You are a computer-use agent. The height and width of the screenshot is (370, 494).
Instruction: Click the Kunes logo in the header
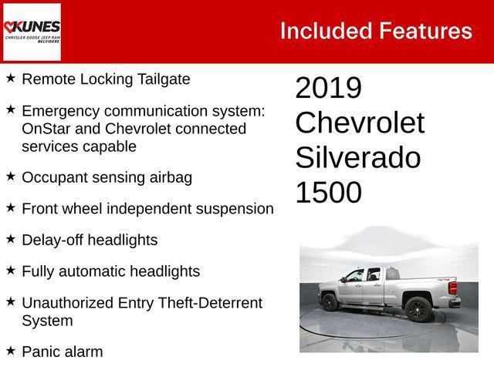[x=32, y=32]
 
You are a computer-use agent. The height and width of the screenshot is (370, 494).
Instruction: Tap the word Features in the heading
[x=425, y=31]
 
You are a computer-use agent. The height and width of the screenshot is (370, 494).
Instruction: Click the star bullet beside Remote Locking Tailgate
[x=10, y=79]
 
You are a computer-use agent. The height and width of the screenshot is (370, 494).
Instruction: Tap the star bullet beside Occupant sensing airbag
[x=10, y=177]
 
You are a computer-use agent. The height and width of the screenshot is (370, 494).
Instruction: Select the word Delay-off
[x=52, y=240]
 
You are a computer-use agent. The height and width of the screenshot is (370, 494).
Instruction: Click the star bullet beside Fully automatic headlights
[x=10, y=271]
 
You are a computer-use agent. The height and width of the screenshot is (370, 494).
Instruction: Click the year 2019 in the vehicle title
[x=328, y=89]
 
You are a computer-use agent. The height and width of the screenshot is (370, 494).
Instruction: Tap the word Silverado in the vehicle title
[x=357, y=158]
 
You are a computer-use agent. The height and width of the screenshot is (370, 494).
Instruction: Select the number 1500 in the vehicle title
[x=328, y=193]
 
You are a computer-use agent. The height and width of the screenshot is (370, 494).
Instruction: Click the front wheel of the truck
[x=330, y=302]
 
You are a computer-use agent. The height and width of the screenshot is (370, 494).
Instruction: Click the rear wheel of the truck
[x=418, y=308]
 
